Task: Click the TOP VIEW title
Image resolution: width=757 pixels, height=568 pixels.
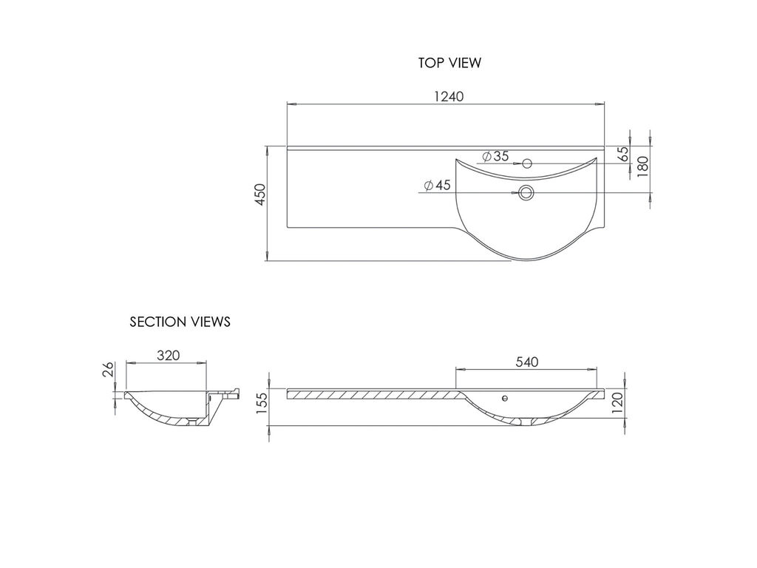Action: click(449, 63)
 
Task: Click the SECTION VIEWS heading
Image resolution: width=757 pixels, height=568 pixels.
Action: click(180, 322)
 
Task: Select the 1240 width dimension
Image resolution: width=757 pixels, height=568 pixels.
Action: click(449, 97)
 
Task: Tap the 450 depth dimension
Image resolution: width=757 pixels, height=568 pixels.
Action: click(260, 195)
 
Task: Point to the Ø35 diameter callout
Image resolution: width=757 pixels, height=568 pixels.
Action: click(495, 157)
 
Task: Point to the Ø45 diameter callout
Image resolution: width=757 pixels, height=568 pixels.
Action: click(437, 185)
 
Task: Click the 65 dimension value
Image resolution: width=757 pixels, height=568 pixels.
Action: click(623, 154)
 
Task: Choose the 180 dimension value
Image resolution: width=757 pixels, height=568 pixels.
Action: click(642, 166)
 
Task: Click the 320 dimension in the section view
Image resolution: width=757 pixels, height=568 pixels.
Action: click(169, 356)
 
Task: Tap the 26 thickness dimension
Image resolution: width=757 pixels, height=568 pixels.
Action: click(109, 369)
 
